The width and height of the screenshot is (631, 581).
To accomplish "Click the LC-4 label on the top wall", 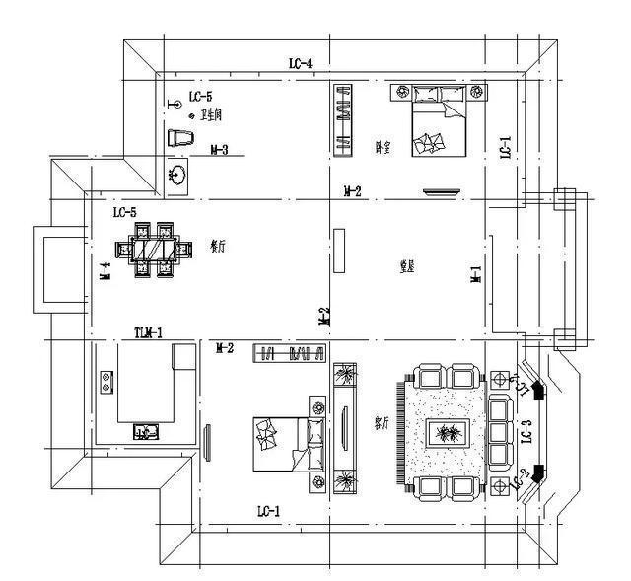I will pos(301,64).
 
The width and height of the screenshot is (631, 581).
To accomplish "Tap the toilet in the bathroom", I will pos(178,138).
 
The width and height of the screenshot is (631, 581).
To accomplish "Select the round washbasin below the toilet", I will pos(178,176).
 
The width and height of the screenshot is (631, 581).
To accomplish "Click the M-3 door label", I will pos(220,151).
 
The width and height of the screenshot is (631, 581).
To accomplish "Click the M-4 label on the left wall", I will pos(105,271).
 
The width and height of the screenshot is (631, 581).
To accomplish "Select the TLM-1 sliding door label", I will pos(148,333).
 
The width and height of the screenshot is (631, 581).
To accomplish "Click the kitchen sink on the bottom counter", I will pos(144,432).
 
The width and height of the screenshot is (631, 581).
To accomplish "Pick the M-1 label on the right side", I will pos(475,275).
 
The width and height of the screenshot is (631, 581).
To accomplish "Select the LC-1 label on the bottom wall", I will pos(269,511).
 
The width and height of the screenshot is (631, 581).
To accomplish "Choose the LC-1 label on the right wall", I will pos(505,148).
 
